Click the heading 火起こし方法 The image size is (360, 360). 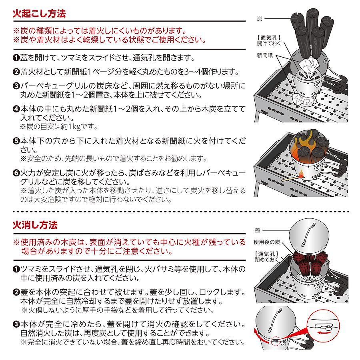pos(39,14)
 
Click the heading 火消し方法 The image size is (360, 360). pos(35,225)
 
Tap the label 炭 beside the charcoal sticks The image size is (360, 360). pos(260,18)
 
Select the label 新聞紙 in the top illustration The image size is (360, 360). pos(265,55)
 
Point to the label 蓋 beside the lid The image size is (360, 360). pos(258,230)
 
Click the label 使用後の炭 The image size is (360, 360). pos(267,242)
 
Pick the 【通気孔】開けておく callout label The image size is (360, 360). pos(269,40)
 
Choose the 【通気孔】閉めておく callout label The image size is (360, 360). pos(267,257)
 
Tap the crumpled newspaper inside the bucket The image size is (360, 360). pos(308,65)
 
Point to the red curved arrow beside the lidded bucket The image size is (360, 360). pos(260,336)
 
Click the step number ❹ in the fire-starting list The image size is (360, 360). pos(16,109)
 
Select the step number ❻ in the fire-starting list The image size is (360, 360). pos(16,173)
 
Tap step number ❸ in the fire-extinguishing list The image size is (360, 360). pos(16,324)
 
